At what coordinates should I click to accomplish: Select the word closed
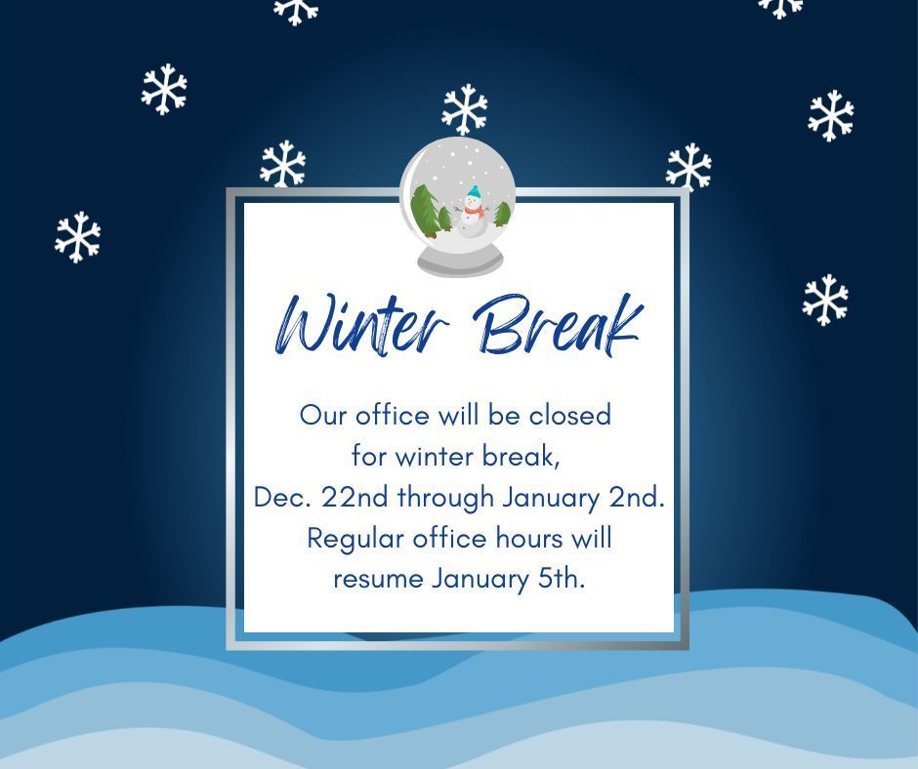[570, 415]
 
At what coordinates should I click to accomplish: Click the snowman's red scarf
[473, 209]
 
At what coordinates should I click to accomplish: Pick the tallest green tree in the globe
[424, 208]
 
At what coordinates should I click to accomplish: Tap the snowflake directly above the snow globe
[465, 109]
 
